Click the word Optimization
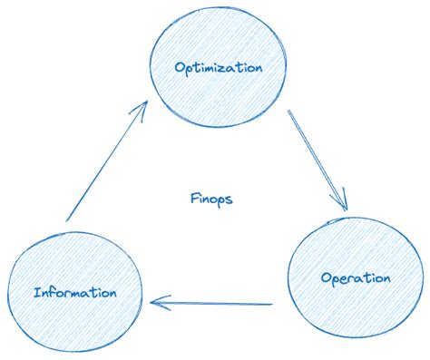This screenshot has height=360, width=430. [219, 68]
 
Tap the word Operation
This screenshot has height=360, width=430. [356, 277]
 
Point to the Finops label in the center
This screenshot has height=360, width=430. [210, 198]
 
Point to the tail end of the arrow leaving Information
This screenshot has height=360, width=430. [68, 220]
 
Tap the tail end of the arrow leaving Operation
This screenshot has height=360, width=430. [272, 304]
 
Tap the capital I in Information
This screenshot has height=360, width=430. [36, 293]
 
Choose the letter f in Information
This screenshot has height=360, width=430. [54, 292]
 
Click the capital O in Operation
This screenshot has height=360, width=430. [327, 277]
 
